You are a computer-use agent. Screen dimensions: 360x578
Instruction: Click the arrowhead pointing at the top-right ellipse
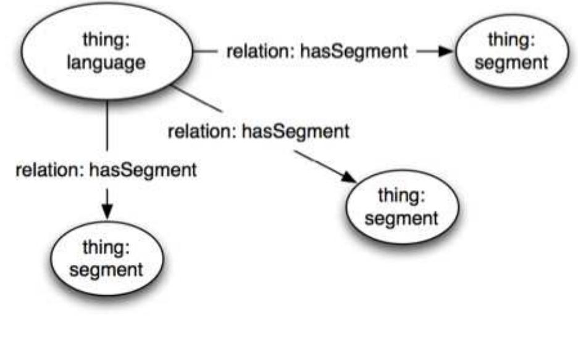point(445,51)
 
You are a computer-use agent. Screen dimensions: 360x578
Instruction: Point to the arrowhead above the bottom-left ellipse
point(108,212)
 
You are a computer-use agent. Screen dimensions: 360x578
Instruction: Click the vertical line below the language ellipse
point(108,127)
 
